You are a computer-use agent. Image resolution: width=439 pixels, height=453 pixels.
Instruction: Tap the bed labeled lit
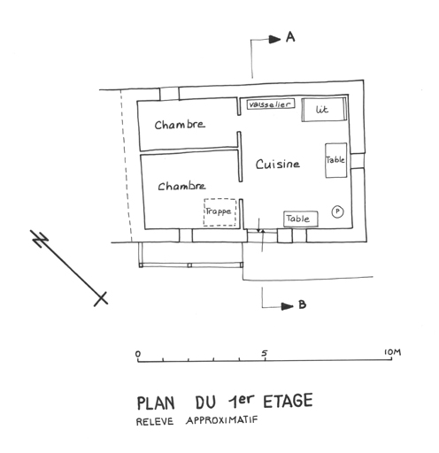(x=324, y=110)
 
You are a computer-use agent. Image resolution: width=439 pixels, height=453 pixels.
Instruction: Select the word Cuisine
(x=278, y=164)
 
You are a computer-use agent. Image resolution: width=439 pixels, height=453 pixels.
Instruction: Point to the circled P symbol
(x=337, y=211)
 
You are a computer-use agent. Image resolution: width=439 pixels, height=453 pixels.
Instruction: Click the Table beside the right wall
(x=335, y=160)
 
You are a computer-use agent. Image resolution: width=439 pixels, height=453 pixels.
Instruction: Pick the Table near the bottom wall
(x=301, y=219)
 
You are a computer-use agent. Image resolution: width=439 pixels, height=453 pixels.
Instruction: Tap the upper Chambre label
(x=180, y=125)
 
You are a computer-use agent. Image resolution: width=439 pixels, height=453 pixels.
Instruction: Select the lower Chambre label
(x=181, y=186)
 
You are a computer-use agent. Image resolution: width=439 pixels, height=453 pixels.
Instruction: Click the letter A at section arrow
(x=290, y=37)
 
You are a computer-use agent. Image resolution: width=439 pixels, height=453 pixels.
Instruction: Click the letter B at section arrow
(x=302, y=304)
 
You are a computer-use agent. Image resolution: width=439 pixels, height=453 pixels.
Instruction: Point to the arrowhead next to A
(x=274, y=39)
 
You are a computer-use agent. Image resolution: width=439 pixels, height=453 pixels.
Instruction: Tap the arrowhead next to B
(x=287, y=306)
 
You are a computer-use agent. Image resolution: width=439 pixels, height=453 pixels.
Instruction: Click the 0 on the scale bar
(x=138, y=354)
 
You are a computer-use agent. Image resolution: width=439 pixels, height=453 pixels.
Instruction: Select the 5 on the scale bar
(x=265, y=353)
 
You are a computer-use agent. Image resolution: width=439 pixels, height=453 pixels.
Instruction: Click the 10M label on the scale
(x=392, y=352)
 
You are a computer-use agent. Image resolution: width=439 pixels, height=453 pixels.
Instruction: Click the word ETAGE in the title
(x=288, y=401)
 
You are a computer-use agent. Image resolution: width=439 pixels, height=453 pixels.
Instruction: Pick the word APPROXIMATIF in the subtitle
(x=222, y=419)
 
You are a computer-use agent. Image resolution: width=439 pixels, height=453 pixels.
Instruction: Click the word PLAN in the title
(x=156, y=403)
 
